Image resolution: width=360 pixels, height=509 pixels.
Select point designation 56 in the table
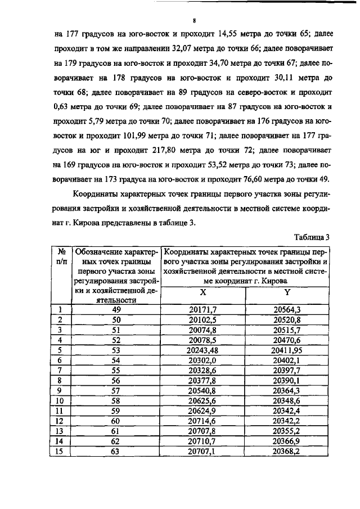click(116, 380)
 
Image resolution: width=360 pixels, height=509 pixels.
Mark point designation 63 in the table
click(116, 451)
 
